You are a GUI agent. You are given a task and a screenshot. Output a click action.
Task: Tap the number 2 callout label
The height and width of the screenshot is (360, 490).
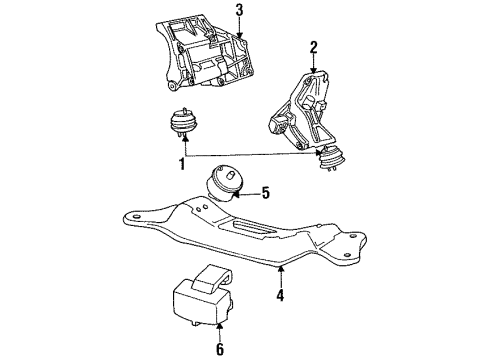click(x=314, y=46)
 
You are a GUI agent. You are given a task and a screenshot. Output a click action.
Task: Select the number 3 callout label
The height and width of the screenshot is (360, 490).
click(x=238, y=11)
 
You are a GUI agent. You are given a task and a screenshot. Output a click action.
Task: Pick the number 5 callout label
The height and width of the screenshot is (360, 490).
click(x=267, y=193)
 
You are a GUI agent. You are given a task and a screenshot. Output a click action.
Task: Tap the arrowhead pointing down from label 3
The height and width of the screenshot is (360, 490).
click(x=238, y=36)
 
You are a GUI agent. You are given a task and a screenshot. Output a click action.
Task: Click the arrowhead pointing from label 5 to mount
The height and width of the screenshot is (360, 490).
click(x=245, y=193)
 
